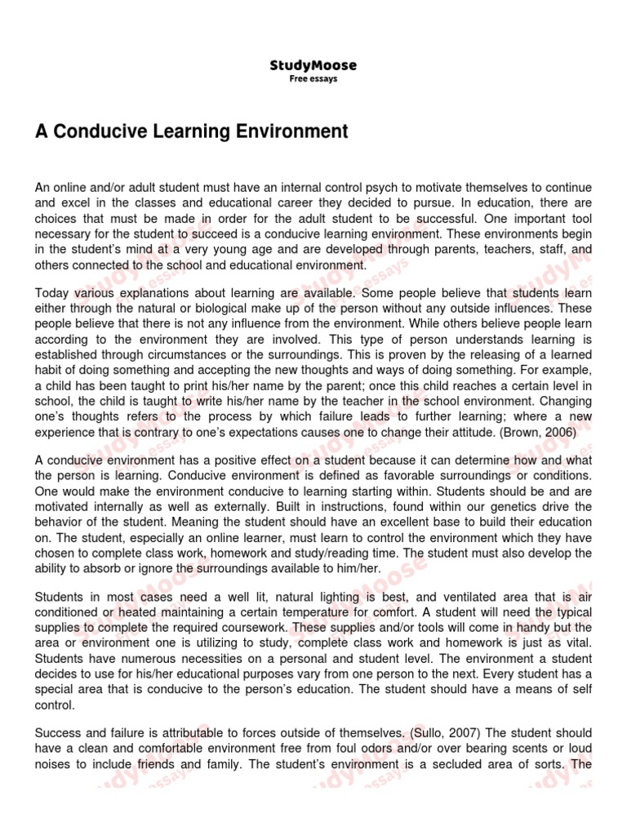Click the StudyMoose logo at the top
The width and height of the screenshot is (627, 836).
click(313, 65)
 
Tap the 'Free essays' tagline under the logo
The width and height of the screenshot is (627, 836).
click(313, 79)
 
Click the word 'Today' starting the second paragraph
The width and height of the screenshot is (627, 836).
click(51, 293)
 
